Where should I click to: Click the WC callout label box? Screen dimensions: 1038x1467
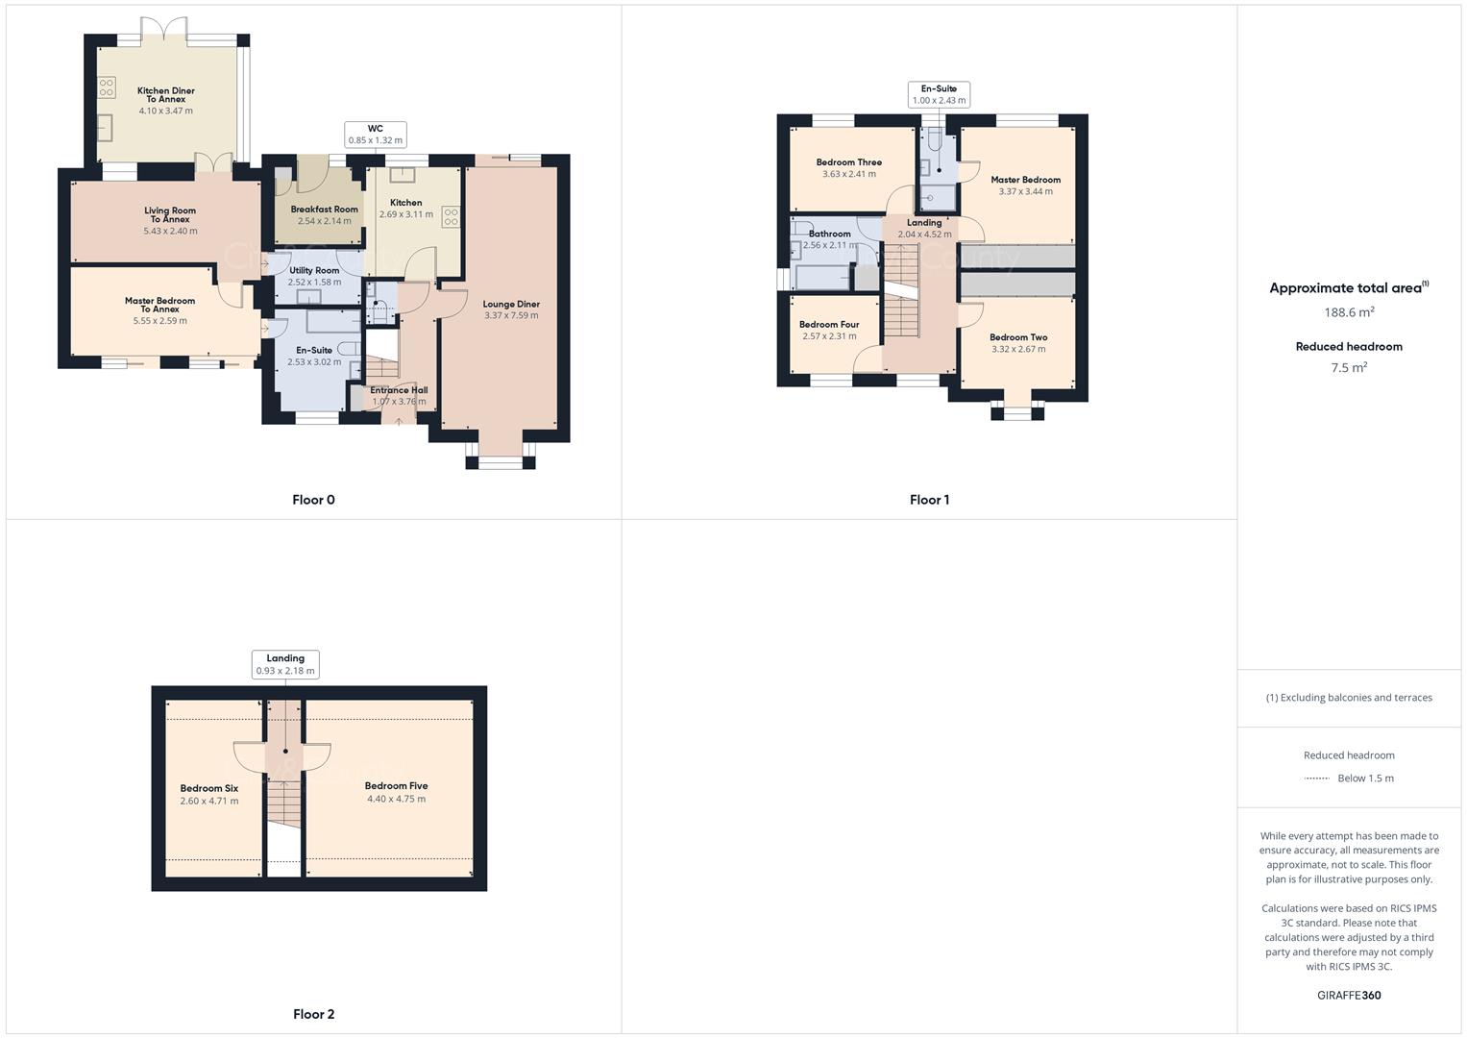[x=375, y=135]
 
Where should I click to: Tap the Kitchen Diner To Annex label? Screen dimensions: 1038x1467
[x=165, y=95]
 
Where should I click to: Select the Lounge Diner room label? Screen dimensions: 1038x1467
[x=511, y=304]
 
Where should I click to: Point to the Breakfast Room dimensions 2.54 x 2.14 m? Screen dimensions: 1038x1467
[x=324, y=221]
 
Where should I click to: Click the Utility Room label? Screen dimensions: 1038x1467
[x=314, y=270]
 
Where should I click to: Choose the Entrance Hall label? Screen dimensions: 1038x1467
[x=399, y=390]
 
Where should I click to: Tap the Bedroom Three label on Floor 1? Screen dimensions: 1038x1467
[x=848, y=162]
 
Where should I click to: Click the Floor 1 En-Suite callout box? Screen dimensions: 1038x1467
[x=939, y=94]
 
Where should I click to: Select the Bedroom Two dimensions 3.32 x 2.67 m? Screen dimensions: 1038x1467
[x=1018, y=349]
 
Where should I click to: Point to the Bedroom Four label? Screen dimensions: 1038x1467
[x=828, y=325]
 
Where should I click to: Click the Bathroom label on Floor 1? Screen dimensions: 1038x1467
[x=829, y=234]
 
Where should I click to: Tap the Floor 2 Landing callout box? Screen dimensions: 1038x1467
[x=285, y=664]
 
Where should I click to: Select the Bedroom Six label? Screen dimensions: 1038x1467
[x=208, y=788]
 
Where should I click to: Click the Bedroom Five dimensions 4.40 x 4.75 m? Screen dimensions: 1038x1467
[x=396, y=799]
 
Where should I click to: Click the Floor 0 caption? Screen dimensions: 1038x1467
[x=313, y=500]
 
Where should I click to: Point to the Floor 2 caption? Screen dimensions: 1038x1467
[x=313, y=1014]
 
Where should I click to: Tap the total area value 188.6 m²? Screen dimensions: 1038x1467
[x=1349, y=312]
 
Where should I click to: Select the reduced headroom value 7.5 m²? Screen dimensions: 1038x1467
[x=1349, y=367]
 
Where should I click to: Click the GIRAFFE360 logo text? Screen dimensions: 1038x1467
[x=1349, y=996]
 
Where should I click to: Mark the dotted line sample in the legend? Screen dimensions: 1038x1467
[x=1316, y=778]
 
